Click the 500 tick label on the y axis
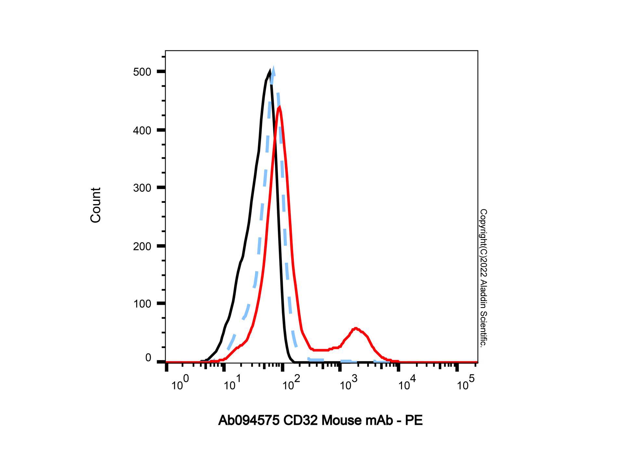coord(142,72)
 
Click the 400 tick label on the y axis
coord(142,130)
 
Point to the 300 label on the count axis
coord(142,188)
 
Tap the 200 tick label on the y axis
coord(142,246)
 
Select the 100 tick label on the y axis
coord(142,304)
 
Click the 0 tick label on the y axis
coord(148,357)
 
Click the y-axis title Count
coord(96,205)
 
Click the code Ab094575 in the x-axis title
coord(249,421)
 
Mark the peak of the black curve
coord(270,70)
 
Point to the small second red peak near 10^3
coord(356,328)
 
